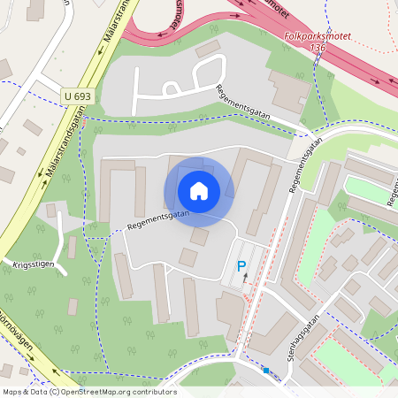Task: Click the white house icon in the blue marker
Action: pos(199,190)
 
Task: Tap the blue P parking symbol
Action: pos(240,265)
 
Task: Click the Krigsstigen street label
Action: pos(34,263)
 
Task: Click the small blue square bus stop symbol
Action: pos(264,371)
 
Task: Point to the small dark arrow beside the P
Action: pos(246,279)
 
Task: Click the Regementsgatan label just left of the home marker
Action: pos(157,219)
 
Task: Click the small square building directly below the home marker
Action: pos(200,236)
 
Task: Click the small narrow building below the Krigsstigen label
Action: pos(72,306)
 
